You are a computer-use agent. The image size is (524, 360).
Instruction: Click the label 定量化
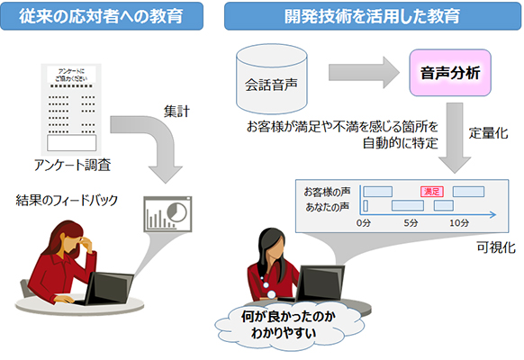point(489,132)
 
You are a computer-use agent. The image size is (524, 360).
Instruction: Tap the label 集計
point(177,110)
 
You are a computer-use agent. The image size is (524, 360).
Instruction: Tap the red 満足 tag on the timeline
point(431,192)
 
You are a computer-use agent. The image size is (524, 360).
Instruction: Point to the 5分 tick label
point(410,221)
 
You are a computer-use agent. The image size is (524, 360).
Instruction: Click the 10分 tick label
point(459,221)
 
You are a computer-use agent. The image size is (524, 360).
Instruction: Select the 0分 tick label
point(363,221)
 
